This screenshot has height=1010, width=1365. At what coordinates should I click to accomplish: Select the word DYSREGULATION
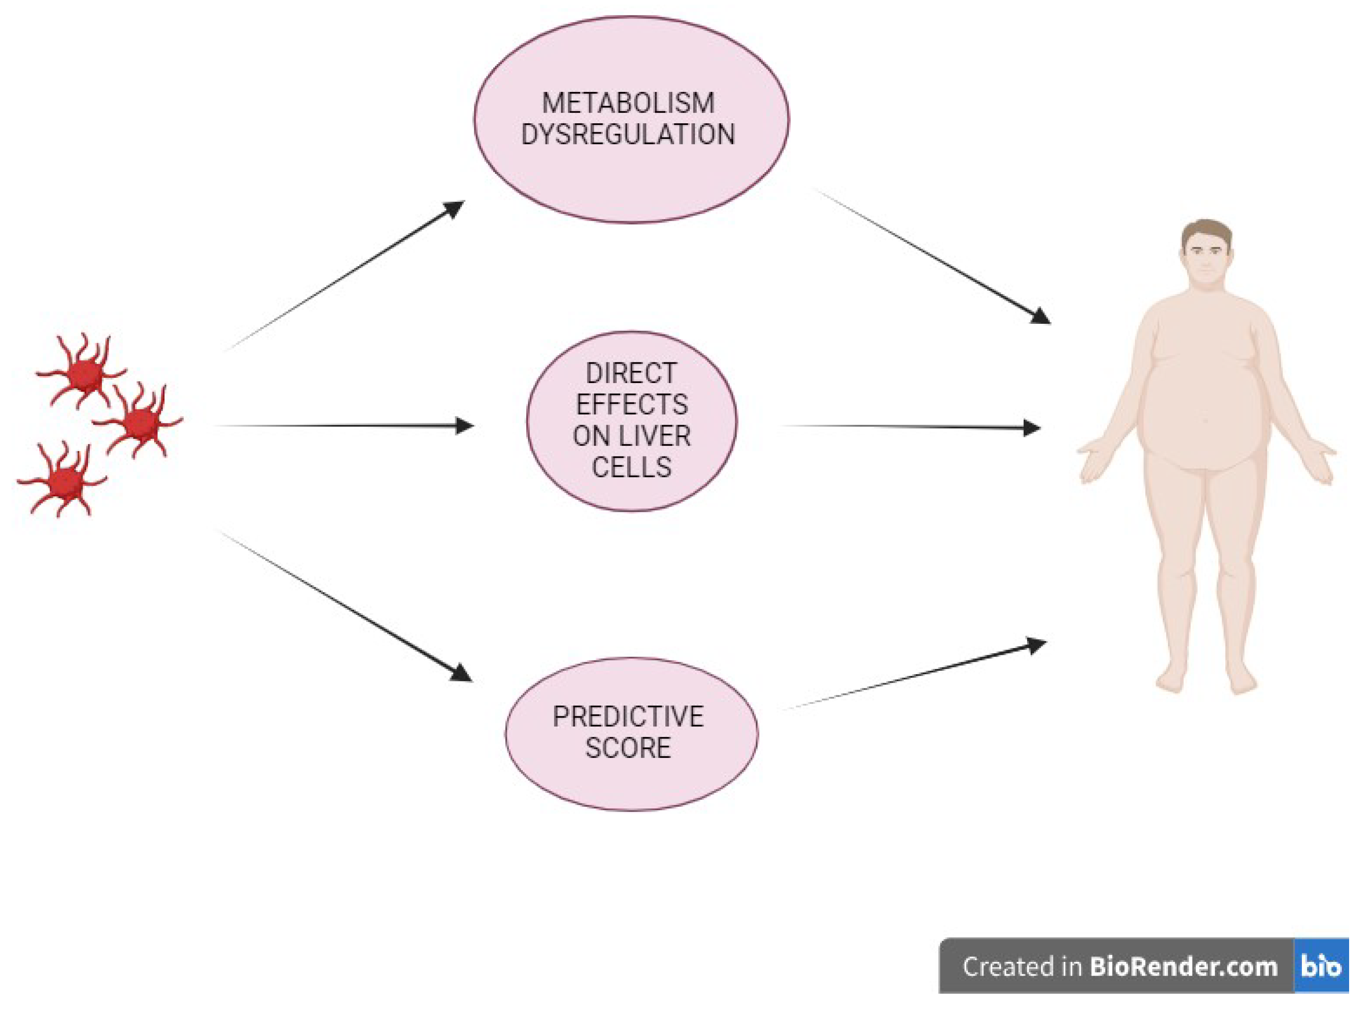628,134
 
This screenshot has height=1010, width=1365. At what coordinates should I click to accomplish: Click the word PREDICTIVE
628,717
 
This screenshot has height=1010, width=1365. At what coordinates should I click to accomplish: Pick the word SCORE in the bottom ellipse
628,748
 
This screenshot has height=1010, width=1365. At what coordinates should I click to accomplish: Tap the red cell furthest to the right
140,421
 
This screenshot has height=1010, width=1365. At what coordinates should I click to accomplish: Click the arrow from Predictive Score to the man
916,675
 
